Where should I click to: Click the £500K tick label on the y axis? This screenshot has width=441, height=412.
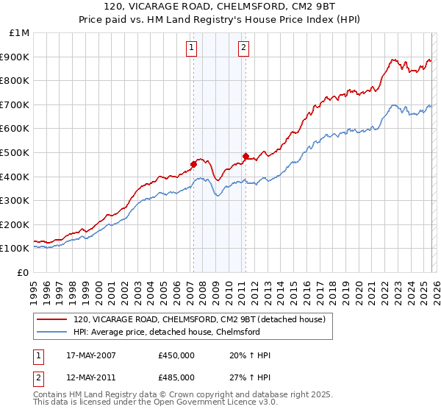(15, 152)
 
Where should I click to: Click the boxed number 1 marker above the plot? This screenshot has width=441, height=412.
(191, 49)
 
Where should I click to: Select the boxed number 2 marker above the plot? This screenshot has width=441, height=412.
(243, 49)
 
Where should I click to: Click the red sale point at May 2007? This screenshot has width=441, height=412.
(193, 164)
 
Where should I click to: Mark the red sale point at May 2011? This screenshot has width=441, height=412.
(245, 156)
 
